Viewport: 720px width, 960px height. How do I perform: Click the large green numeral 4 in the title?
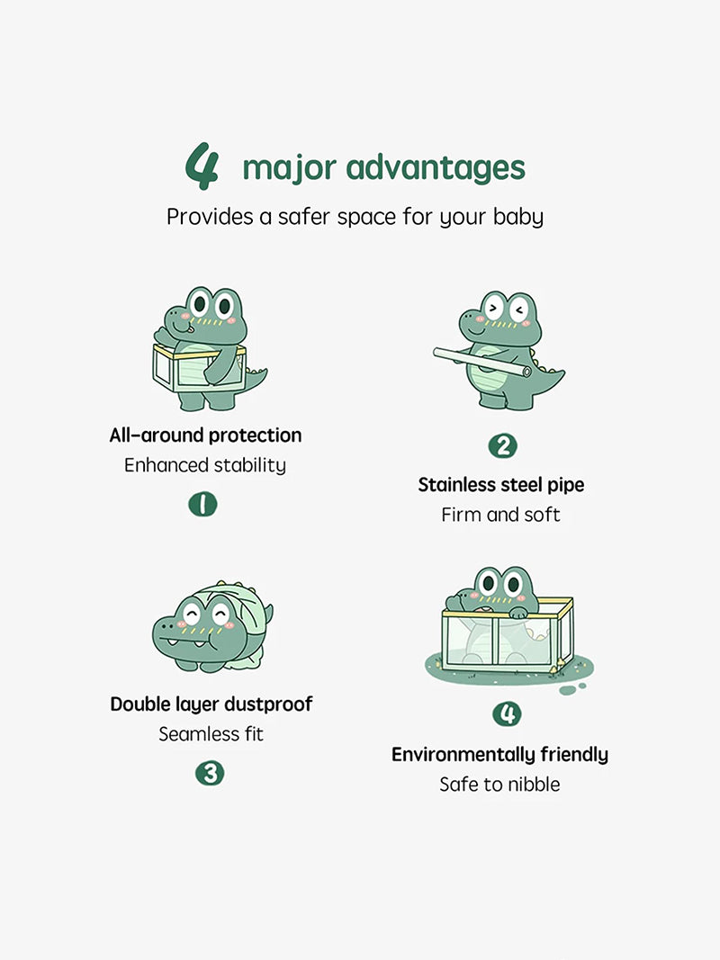pos(202,166)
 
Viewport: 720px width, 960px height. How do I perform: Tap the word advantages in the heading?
pos(436,167)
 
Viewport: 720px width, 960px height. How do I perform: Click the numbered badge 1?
pos(202,504)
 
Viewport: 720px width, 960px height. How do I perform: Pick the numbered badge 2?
pos(503,445)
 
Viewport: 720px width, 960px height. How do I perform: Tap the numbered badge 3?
pos(210,773)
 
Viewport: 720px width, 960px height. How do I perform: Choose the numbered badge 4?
pos(507,713)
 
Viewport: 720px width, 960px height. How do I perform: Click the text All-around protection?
pos(206,435)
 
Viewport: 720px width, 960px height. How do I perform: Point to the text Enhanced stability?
pos(205,465)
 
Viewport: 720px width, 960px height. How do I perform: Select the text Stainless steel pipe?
pos(500,485)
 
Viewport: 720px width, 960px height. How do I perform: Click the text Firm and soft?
pos(500,515)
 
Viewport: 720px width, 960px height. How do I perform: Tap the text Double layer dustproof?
pos(211,704)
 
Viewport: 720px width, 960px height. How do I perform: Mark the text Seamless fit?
pos(211,733)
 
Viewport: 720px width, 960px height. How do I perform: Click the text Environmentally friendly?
pos(499,754)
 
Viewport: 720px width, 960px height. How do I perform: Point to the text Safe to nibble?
pos(499,785)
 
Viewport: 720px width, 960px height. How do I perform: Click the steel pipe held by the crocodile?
pos(482,362)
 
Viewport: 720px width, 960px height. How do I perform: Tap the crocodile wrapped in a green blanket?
pos(212,626)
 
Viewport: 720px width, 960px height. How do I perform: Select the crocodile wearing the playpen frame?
pos(207,348)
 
